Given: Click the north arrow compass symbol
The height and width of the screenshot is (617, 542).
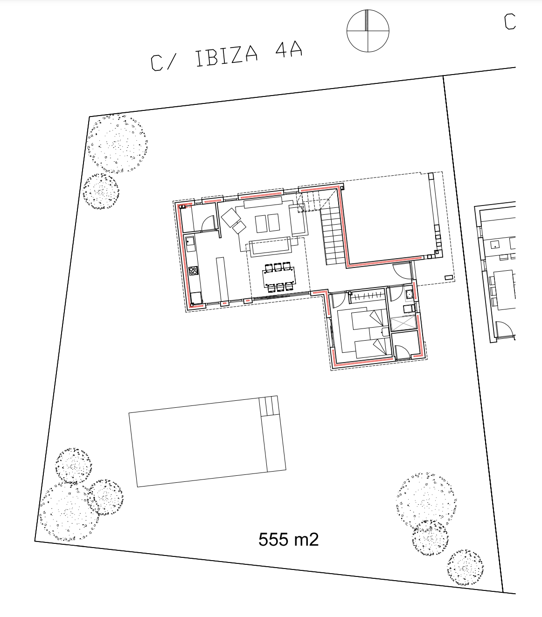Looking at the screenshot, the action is pyautogui.click(x=368, y=31).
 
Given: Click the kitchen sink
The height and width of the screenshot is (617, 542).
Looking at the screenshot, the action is pyautogui.click(x=190, y=244).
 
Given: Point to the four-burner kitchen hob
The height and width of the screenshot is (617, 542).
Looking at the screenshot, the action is pyautogui.click(x=194, y=270).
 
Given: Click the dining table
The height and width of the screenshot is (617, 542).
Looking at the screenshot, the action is pyautogui.click(x=279, y=277).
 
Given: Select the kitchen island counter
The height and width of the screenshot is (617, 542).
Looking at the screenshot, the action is pyautogui.click(x=222, y=279).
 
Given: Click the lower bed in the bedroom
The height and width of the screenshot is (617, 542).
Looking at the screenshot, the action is pyautogui.click(x=373, y=349).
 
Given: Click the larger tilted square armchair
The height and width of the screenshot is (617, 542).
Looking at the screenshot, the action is pyautogui.click(x=231, y=217).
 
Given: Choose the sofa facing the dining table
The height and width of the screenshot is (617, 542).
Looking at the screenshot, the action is pyautogui.click(x=270, y=246).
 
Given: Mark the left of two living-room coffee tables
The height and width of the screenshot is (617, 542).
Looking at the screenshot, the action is pyautogui.click(x=261, y=224).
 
